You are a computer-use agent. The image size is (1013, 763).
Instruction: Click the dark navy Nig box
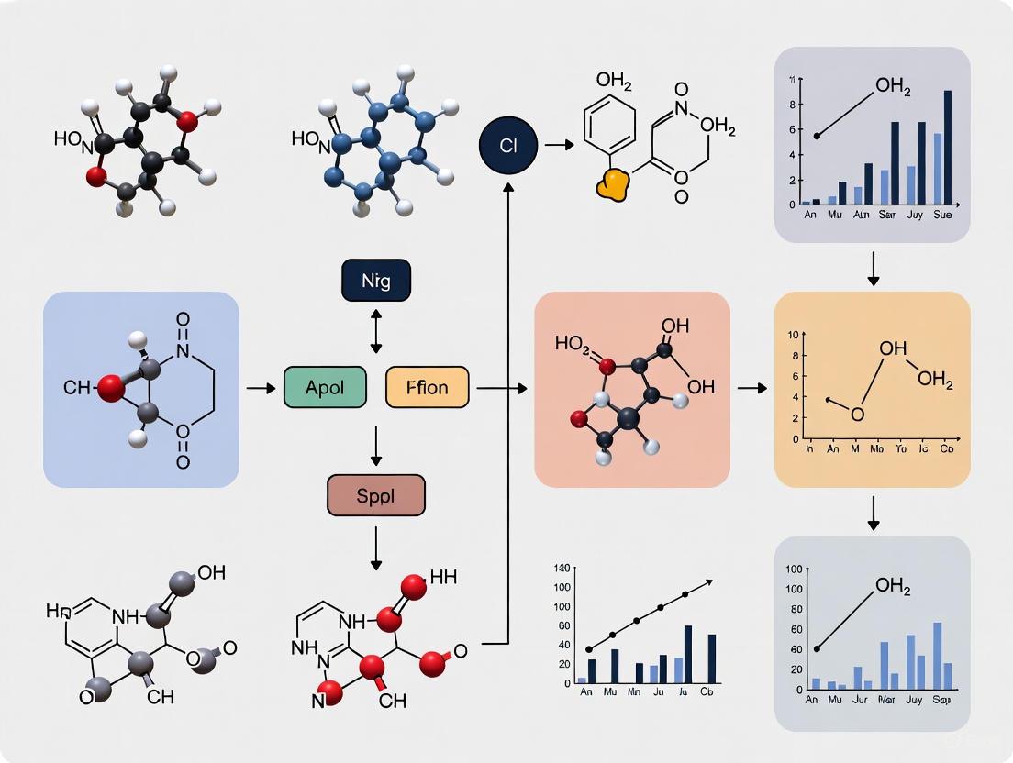(376, 281)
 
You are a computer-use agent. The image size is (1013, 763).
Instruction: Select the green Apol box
(325, 387)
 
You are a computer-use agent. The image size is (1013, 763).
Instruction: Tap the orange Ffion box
(428, 387)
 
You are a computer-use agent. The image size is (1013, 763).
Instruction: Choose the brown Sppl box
(376, 496)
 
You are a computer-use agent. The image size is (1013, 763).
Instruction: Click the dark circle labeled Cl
(506, 145)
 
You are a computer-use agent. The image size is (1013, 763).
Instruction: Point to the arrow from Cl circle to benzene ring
(559, 145)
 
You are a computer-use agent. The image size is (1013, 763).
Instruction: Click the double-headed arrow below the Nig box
(376, 331)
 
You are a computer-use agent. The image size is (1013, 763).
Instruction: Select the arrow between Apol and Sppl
(376, 446)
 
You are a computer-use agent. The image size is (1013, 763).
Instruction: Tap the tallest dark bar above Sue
(948, 147)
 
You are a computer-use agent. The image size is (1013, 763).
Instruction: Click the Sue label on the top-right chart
(942, 215)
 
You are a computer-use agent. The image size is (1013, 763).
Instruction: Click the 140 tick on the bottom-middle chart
(562, 569)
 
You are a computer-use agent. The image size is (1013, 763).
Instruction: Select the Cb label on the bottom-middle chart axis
(707, 693)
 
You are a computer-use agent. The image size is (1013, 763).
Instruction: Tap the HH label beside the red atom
(443, 577)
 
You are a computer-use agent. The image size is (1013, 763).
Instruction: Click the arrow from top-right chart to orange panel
(874, 267)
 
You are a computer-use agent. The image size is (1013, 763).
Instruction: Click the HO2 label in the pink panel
(573, 346)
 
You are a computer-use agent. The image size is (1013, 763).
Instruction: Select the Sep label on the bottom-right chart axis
(943, 700)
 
